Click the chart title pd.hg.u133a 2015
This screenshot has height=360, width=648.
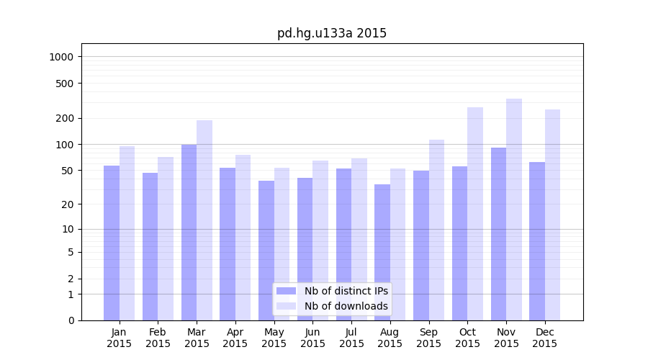[x=332, y=33]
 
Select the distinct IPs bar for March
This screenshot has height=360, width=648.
[x=189, y=232]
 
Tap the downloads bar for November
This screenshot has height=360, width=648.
[x=514, y=210]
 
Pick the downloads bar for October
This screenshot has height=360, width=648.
[x=475, y=214]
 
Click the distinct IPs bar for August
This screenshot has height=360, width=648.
[x=382, y=252]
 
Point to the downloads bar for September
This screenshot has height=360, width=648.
[x=436, y=230]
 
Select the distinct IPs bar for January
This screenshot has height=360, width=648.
[x=112, y=243]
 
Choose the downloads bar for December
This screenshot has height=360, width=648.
[x=552, y=215]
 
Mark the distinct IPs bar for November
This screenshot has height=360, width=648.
[x=498, y=234]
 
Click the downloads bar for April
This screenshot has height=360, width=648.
[x=243, y=238]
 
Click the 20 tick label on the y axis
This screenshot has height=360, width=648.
[x=68, y=204]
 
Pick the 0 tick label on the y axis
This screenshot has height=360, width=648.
[x=71, y=320]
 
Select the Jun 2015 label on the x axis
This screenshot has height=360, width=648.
[x=312, y=338]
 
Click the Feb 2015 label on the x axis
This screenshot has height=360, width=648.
[x=158, y=338]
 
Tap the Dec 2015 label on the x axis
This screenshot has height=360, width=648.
[x=544, y=338]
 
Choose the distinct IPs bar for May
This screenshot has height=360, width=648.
[x=266, y=251]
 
